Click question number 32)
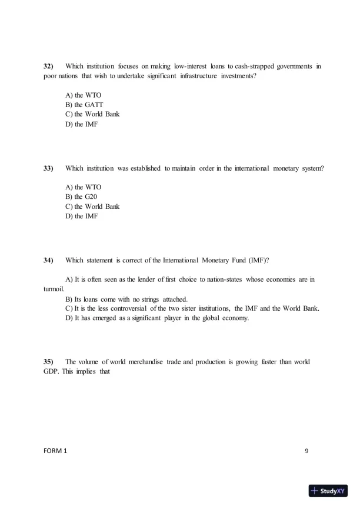(49, 66)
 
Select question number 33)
(49, 168)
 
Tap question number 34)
(49, 260)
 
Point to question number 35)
(49, 361)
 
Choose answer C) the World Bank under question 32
(92, 114)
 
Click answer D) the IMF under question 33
(82, 216)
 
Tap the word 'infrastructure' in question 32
(205, 76)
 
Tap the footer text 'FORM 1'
(55, 451)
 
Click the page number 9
(306, 451)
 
